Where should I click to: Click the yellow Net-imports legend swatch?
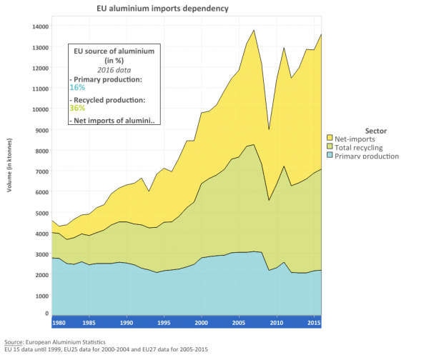pyautogui.click(x=330, y=137)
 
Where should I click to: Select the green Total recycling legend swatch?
pyautogui.click(x=330, y=146)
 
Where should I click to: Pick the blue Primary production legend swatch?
pyautogui.click(x=330, y=156)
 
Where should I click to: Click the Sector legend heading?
pyautogui.click(x=376, y=131)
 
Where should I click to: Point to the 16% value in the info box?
pyautogui.click(x=77, y=86)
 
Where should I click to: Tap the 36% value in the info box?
pyautogui.click(x=77, y=108)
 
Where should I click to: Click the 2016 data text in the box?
pyautogui.click(x=115, y=70)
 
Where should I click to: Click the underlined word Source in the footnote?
pyautogui.click(x=11, y=341)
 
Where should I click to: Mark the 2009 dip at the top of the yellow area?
pyautogui.click(x=269, y=129)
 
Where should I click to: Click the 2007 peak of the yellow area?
pyautogui.click(x=254, y=30)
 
